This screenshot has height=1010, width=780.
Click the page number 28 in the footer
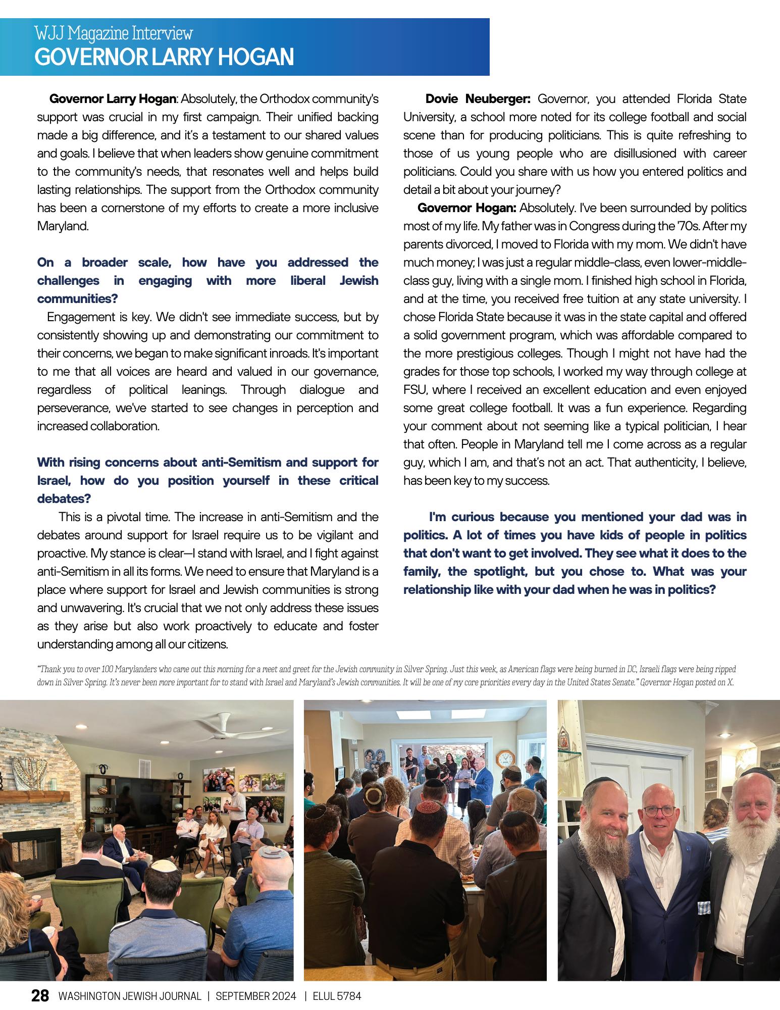pos(40,995)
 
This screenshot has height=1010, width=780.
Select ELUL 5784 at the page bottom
pos(337,996)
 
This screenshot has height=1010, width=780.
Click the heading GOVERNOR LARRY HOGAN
pos(164,57)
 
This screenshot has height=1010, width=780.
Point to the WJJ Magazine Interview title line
pos(114,34)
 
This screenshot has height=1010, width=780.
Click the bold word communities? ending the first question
pos(77,298)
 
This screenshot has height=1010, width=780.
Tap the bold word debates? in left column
pos(64,498)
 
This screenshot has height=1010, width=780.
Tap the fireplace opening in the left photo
pos(25,853)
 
